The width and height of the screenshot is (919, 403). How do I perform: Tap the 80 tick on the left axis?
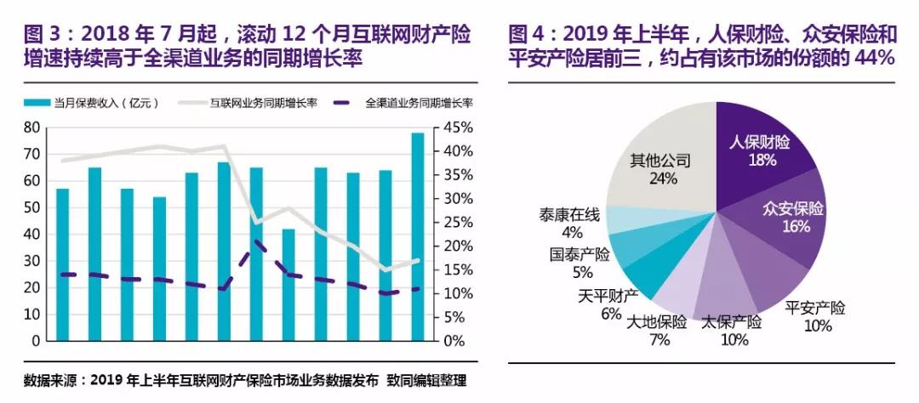point(32,128)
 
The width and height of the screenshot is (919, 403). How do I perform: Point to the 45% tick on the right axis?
point(450,128)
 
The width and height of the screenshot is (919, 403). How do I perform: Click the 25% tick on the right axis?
point(450,222)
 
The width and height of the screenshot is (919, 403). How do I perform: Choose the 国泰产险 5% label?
point(582,263)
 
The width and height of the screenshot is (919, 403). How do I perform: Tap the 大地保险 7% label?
point(656,330)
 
